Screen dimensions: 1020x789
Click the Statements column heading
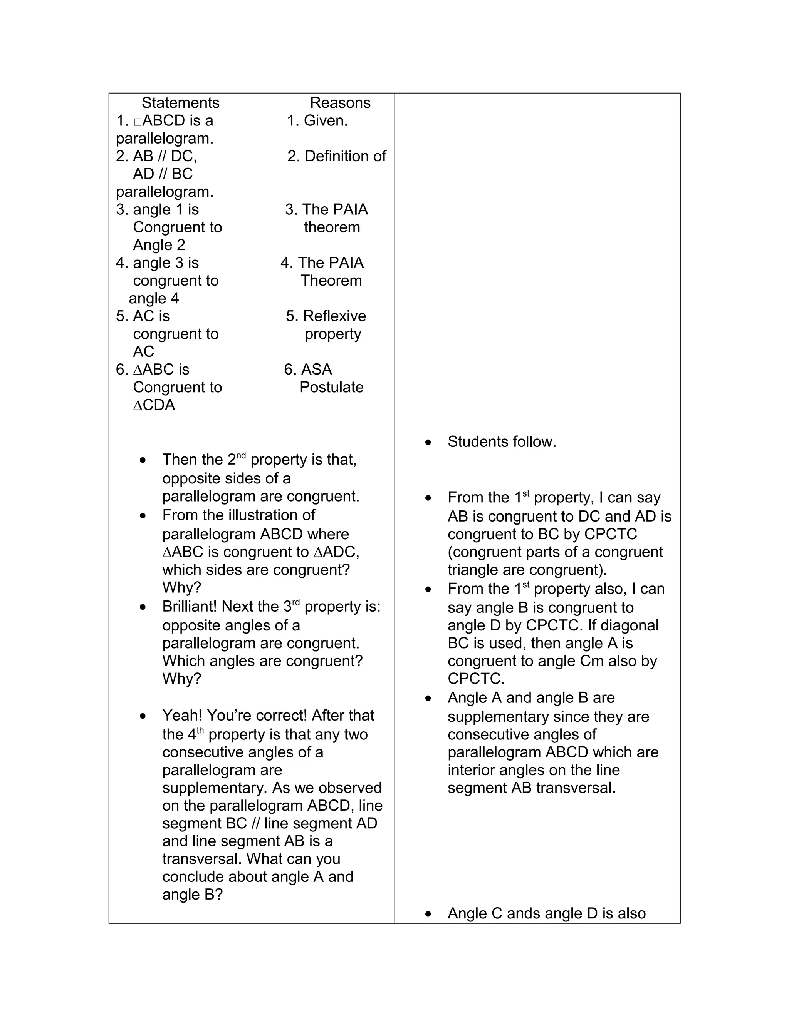[180, 103]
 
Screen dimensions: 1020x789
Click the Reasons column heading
[340, 103]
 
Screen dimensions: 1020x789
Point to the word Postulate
[331, 387]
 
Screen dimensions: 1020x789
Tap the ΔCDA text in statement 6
[154, 405]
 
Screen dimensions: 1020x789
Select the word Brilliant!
[190, 606]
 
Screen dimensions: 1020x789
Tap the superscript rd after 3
[296, 602]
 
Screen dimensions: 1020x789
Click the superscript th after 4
[200, 730]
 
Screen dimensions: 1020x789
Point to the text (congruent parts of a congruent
[555, 552]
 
